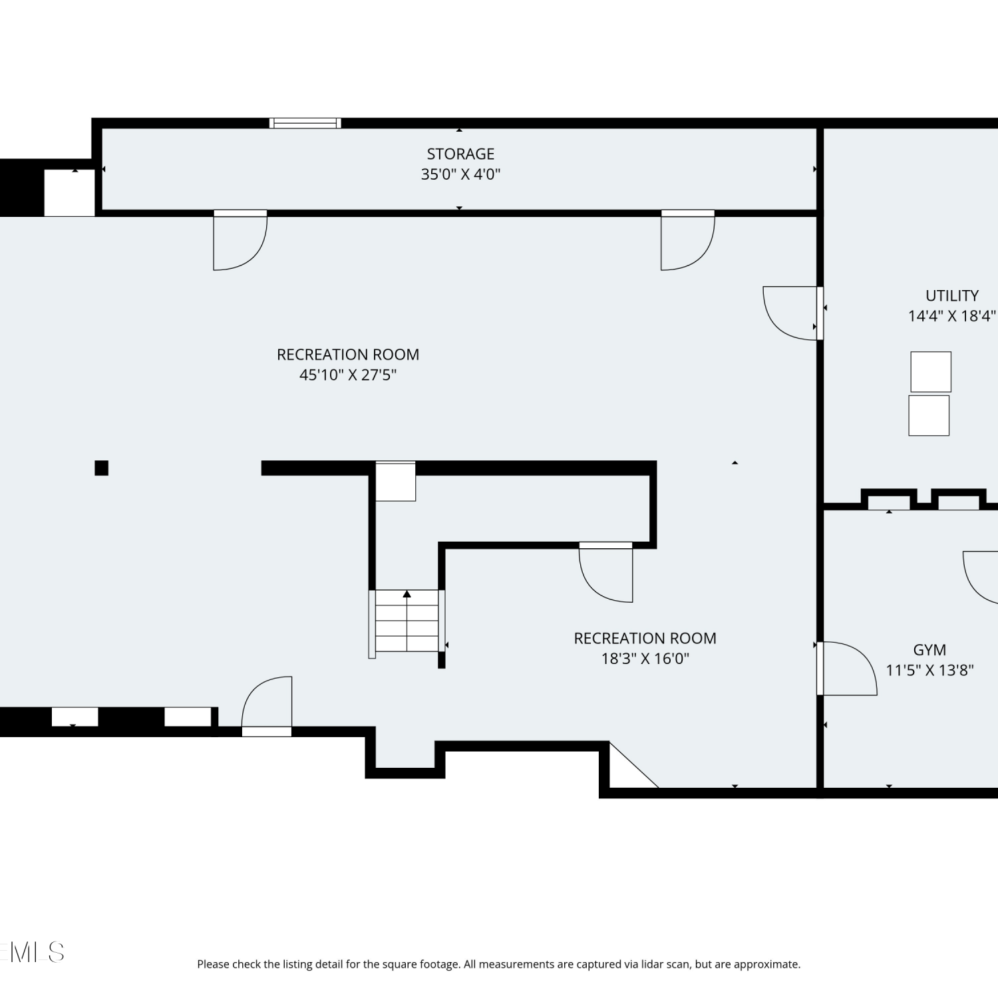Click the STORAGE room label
(x=460, y=154)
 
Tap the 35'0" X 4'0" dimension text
(x=460, y=174)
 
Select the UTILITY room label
(x=952, y=295)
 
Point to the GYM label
(x=929, y=650)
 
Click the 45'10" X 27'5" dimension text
(x=348, y=375)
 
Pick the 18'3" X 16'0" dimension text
(x=645, y=659)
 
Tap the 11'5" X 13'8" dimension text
(x=929, y=670)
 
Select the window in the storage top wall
(x=305, y=123)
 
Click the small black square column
(x=101, y=468)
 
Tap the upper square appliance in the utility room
(x=931, y=372)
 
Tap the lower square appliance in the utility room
(x=929, y=416)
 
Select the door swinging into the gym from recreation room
(x=847, y=669)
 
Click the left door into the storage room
(x=240, y=240)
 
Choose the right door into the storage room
(x=688, y=240)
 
